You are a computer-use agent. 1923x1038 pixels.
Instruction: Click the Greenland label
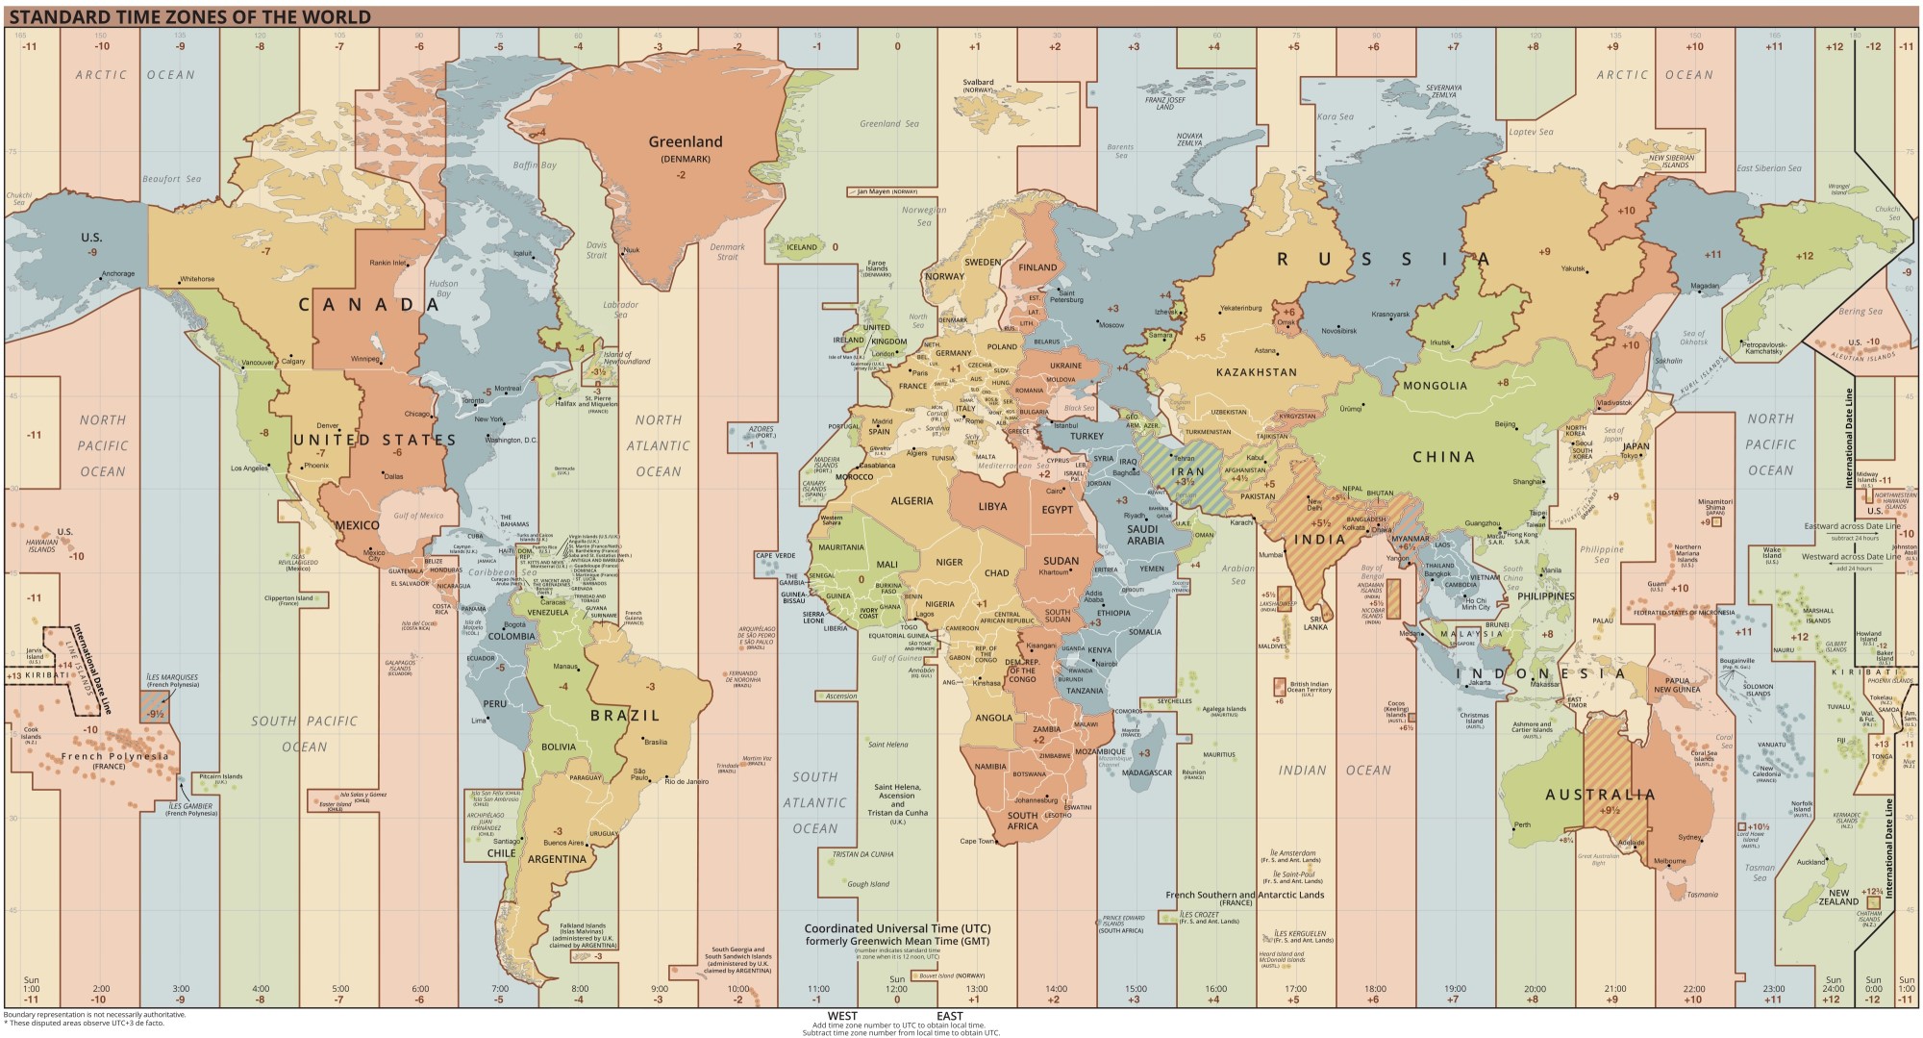pyautogui.click(x=685, y=141)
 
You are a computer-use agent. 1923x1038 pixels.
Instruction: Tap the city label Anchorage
pyautogui.click(x=119, y=273)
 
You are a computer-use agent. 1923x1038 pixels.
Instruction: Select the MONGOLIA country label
pyautogui.click(x=1435, y=386)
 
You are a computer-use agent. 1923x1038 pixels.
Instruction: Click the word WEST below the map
pyautogui.click(x=842, y=1016)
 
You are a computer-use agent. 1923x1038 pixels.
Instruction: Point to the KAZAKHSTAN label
pyautogui.click(x=1256, y=372)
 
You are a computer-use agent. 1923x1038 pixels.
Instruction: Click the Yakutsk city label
pyautogui.click(x=1573, y=269)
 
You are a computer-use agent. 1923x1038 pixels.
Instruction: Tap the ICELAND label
pyautogui.click(x=802, y=247)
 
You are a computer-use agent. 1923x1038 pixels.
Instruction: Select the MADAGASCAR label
pyautogui.click(x=1147, y=772)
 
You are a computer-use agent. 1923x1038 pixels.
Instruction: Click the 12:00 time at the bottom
pyautogui.click(x=896, y=989)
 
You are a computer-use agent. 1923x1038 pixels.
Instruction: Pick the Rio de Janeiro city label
pyautogui.click(x=687, y=781)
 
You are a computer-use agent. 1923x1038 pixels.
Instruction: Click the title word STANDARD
pyautogui.click(x=50, y=17)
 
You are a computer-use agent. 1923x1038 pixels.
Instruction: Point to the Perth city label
pyautogui.click(x=1522, y=824)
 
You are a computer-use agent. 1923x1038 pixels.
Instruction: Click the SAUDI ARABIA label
pyautogui.click(x=1145, y=535)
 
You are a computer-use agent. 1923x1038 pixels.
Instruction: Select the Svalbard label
pyautogui.click(x=978, y=83)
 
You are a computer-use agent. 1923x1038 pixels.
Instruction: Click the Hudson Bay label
pyautogui.click(x=443, y=289)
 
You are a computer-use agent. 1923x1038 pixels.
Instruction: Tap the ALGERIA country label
pyautogui.click(x=912, y=500)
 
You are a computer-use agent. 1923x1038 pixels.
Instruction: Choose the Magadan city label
pyautogui.click(x=1705, y=286)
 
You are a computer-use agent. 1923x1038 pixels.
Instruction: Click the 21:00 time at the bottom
pyautogui.click(x=1614, y=989)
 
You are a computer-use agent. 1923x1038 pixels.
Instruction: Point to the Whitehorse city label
pyautogui.click(x=197, y=279)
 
